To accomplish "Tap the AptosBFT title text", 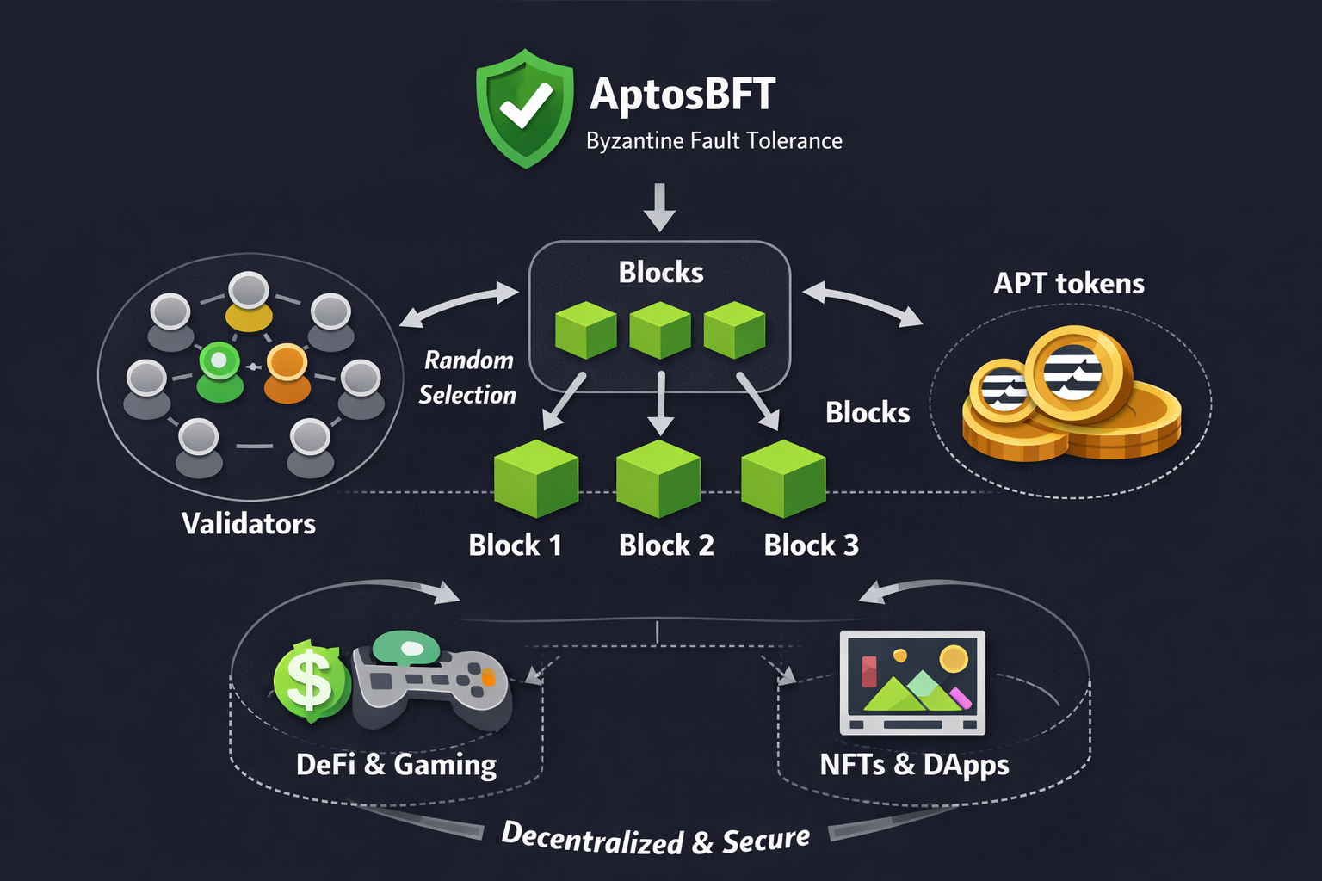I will click(683, 94).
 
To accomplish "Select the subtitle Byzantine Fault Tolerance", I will click(714, 141).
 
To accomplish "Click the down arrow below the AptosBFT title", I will click(659, 206).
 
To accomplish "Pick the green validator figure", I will click(219, 372).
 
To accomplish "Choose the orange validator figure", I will click(287, 373).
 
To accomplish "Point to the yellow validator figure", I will click(249, 302).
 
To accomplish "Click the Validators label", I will click(249, 524).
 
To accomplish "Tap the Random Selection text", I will click(467, 377).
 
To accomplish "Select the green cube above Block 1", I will click(535, 478).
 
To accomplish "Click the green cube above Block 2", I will click(658, 478).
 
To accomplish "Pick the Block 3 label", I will click(811, 545).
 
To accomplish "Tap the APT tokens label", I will click(1069, 284).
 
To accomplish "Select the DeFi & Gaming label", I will click(396, 765).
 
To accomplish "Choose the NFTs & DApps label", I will click(914, 765).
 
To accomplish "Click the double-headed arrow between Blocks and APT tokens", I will click(862, 304).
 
